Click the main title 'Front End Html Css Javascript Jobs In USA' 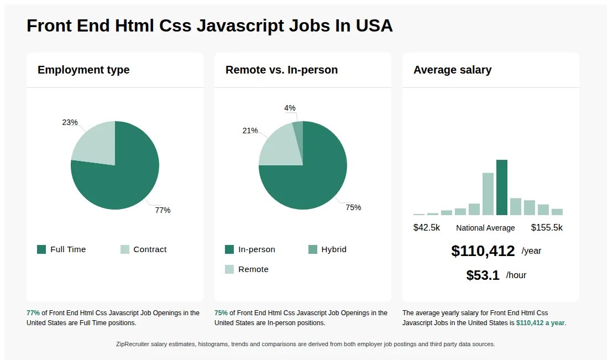[209, 25]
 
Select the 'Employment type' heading [83, 70]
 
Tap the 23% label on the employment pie [70, 122]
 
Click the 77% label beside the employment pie [163, 210]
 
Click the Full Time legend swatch [41, 249]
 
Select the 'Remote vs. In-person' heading [281, 70]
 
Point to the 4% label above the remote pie [290, 108]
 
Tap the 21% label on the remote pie [250, 131]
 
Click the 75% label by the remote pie [353, 207]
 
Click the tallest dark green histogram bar [501, 188]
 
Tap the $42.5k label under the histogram [427, 227]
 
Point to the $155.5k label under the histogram [547, 227]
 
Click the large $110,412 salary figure [483, 251]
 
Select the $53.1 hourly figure [483, 275]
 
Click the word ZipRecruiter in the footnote [134, 344]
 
